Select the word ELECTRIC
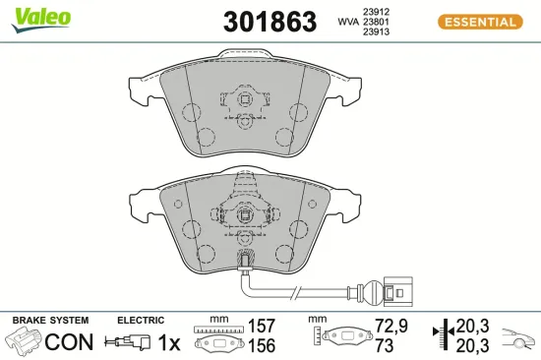coord(139,321)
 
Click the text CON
coord(70,342)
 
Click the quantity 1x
coord(169,342)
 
